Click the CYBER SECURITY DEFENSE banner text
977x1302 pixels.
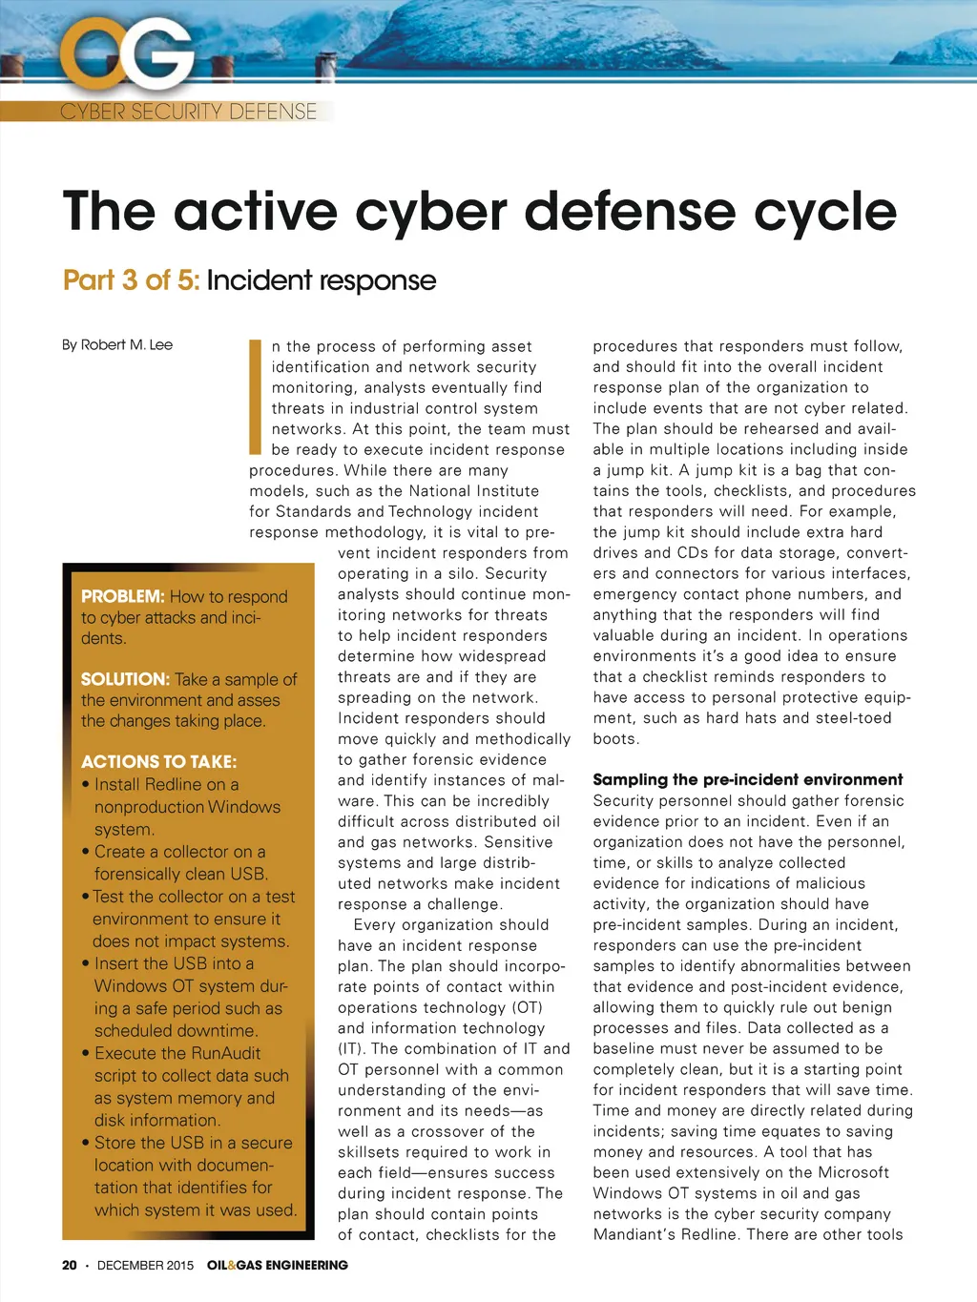point(188,112)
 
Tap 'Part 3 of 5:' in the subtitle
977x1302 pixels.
point(132,280)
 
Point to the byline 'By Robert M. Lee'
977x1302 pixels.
point(117,344)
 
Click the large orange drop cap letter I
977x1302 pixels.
point(255,397)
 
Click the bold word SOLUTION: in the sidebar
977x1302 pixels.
point(125,679)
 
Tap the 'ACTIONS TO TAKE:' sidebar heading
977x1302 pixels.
point(158,761)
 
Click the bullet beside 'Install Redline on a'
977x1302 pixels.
point(86,785)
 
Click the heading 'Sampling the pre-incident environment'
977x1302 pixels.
point(747,779)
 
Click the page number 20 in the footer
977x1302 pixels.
point(70,1265)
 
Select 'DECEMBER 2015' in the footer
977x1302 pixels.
point(145,1265)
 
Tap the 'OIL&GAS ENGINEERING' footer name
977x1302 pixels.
point(278,1265)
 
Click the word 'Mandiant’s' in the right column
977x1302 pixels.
point(639,1234)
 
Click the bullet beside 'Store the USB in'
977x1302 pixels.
point(86,1143)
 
